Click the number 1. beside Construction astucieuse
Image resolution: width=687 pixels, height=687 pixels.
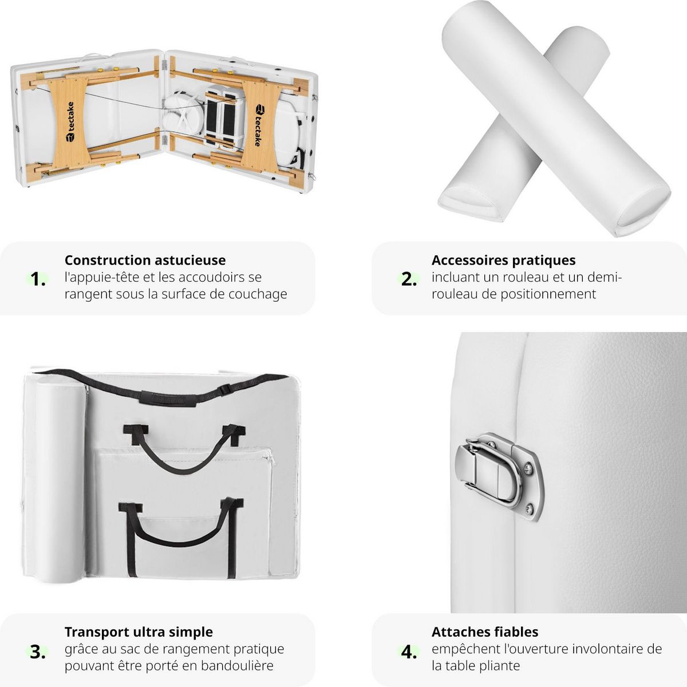coord(38,279)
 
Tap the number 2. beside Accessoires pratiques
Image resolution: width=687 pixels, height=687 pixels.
coord(409,279)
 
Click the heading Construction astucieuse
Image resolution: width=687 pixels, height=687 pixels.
coord(145,260)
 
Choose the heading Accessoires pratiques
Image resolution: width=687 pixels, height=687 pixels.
coord(503,260)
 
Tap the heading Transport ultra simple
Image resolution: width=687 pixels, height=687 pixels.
coord(139,631)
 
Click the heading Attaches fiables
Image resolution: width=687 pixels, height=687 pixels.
coord(485,631)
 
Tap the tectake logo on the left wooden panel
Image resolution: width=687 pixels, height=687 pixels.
coord(70,121)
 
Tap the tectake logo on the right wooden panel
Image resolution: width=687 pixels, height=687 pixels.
coord(259,125)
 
